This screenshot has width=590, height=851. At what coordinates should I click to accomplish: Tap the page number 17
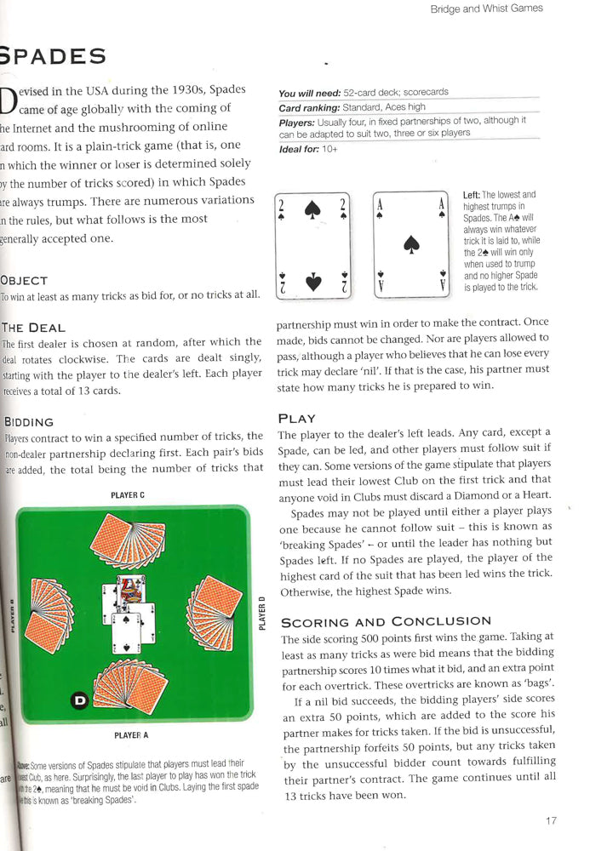(x=551, y=820)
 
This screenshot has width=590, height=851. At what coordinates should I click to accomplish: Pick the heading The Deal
(x=33, y=328)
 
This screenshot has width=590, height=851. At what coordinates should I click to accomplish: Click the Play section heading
(x=296, y=418)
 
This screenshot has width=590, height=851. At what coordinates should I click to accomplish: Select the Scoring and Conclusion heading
(x=386, y=621)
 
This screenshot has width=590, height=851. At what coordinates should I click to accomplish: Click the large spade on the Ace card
(x=412, y=244)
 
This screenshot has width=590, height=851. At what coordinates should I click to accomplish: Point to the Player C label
(x=128, y=494)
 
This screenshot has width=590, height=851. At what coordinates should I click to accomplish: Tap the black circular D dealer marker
(x=79, y=700)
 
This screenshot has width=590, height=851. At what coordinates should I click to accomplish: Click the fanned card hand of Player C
(x=129, y=542)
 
